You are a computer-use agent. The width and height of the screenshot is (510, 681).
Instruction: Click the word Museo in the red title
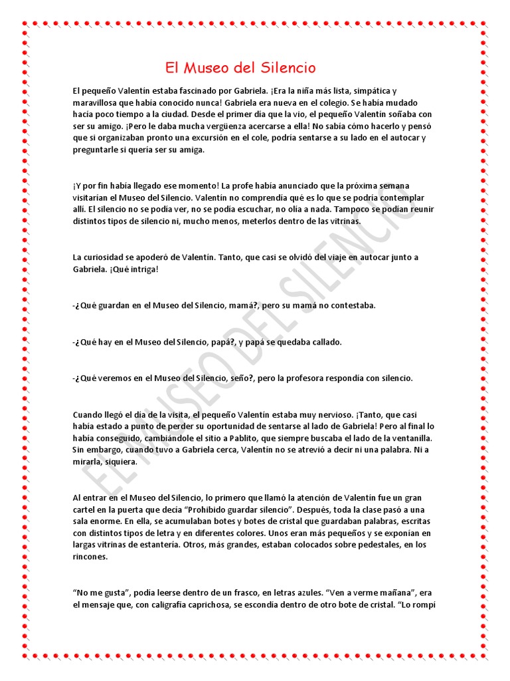coord(211,68)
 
